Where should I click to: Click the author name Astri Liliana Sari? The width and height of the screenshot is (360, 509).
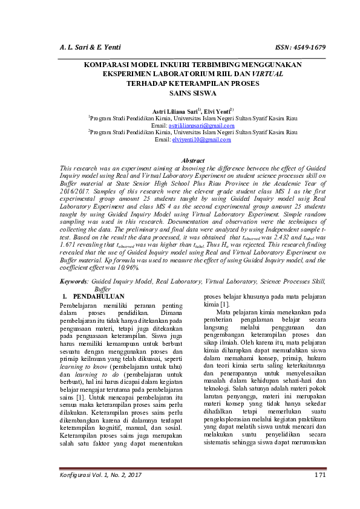pyautogui.click(x=165, y=111)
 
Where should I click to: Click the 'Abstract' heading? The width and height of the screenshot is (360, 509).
pyautogui.click(x=192, y=160)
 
